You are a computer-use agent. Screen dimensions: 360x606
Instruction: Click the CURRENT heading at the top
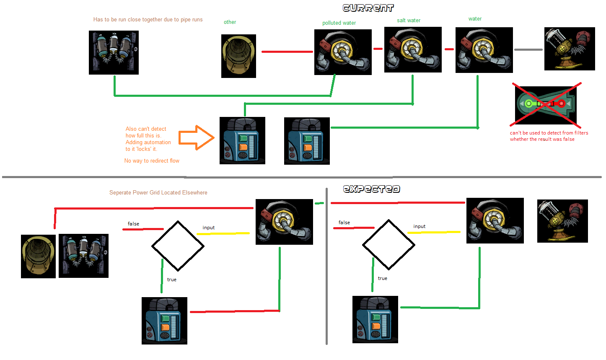pyautogui.click(x=368, y=8)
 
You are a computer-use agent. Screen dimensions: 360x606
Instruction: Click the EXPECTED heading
pyautogui.click(x=371, y=189)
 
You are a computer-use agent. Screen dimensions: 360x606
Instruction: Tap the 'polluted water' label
pyautogui.click(x=339, y=23)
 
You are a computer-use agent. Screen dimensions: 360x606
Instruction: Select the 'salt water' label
pyautogui.click(x=409, y=21)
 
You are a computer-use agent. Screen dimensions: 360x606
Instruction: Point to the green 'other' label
pyautogui.click(x=230, y=22)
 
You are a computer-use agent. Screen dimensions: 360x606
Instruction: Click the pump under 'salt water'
pyautogui.click(x=413, y=49)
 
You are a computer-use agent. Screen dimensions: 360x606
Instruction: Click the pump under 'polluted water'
pyautogui.click(x=343, y=52)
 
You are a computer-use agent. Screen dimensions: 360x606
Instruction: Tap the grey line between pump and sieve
pyautogui.click(x=528, y=49)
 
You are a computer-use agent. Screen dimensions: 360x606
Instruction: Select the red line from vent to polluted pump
pyautogui.click(x=287, y=52)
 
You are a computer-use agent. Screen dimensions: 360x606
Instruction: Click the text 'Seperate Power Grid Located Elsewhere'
pyautogui.click(x=158, y=193)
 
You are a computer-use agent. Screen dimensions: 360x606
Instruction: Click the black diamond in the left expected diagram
pyautogui.click(x=178, y=246)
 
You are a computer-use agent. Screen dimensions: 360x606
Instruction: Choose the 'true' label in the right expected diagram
pyautogui.click(x=382, y=278)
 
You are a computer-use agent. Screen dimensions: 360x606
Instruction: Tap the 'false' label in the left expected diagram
pyautogui.click(x=133, y=224)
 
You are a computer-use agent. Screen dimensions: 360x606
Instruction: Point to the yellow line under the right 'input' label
pyautogui.click(x=434, y=232)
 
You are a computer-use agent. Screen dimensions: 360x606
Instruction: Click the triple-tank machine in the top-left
pyautogui.click(x=114, y=52)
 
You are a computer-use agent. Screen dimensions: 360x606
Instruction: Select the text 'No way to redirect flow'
pyautogui.click(x=152, y=161)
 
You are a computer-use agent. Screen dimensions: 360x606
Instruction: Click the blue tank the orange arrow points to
pyautogui.click(x=242, y=140)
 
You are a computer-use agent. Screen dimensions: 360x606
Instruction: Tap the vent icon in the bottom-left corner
pyautogui.click(x=38, y=256)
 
